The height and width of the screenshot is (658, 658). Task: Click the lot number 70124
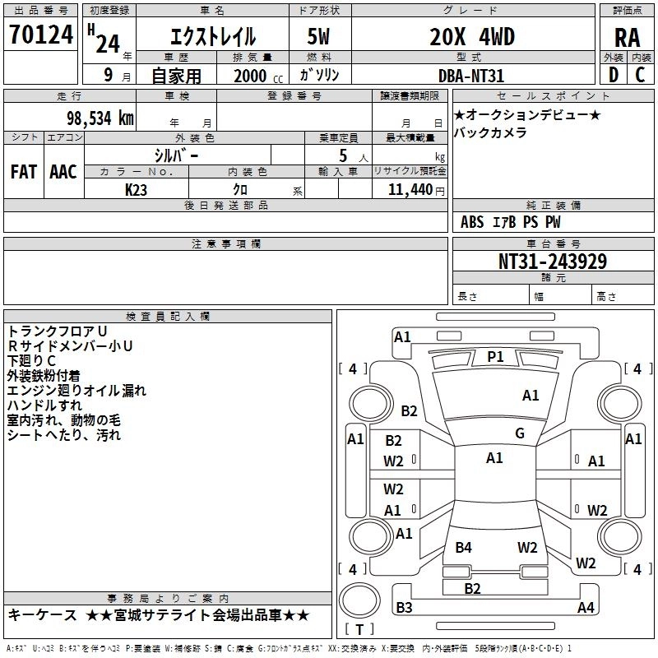(39, 35)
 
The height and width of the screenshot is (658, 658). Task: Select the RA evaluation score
(627, 38)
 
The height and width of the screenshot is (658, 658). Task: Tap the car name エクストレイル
(212, 37)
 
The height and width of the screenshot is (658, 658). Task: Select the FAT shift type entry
(23, 171)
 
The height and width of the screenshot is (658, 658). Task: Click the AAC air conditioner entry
(63, 171)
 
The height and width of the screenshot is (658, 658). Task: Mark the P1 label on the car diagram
(495, 356)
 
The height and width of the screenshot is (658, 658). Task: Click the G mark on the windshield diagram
(520, 433)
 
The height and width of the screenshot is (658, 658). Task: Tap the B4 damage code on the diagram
(464, 547)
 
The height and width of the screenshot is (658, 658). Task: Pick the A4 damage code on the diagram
(586, 608)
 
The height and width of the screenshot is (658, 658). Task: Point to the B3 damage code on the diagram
(404, 608)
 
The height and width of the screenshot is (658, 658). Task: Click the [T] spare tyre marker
(359, 630)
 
